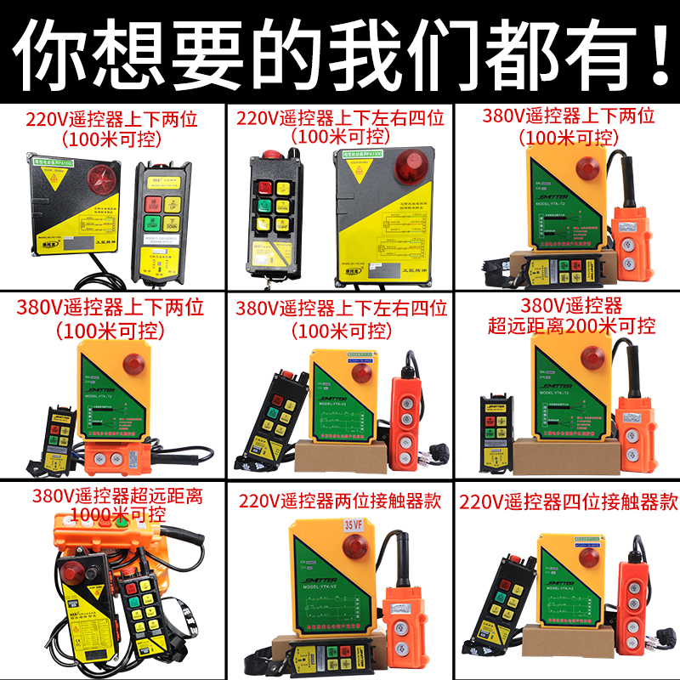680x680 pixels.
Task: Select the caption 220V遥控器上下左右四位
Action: [340, 118]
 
